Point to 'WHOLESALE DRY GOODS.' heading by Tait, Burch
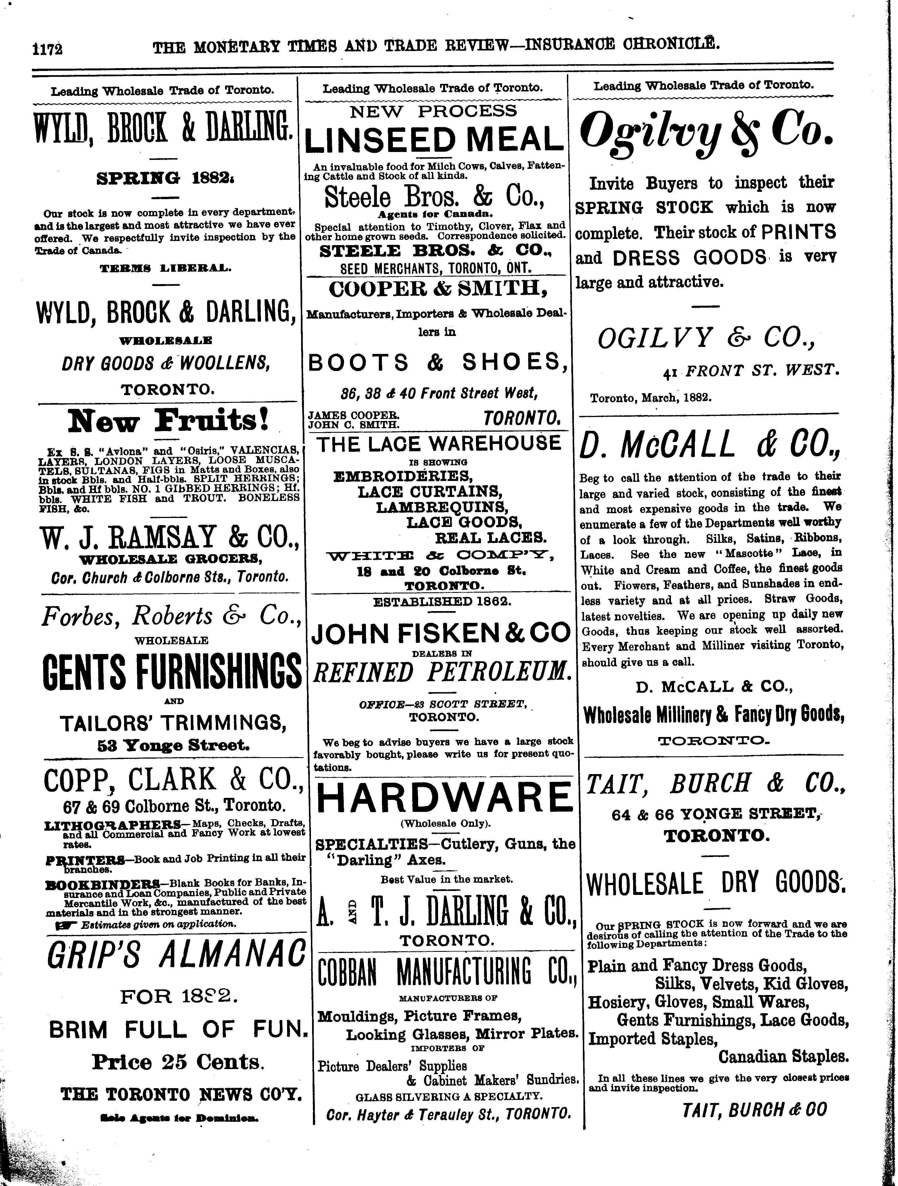click(716, 884)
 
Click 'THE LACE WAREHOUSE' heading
click(438, 443)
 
